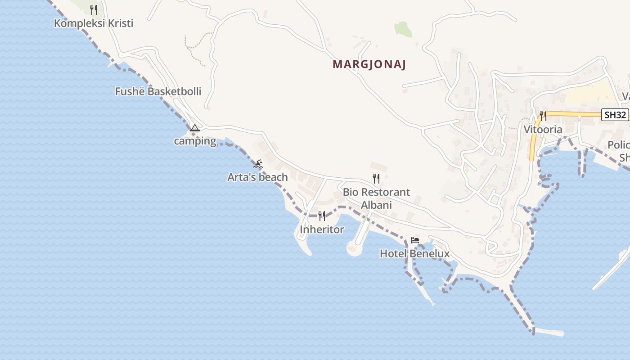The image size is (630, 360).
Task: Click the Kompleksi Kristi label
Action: coord(94,23)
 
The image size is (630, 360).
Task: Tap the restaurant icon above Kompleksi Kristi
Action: coord(94,9)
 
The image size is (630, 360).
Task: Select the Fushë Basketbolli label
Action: coord(158,91)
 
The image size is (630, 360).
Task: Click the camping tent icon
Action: coord(194,128)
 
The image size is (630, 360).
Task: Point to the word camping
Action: coord(195,141)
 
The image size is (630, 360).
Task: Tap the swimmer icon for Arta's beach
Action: coord(257,164)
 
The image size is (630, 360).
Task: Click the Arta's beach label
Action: coord(257,177)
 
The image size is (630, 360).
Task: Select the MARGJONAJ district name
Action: coord(369,64)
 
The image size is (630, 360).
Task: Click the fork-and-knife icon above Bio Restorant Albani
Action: coord(376,179)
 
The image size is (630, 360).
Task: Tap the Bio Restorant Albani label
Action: coord(376,198)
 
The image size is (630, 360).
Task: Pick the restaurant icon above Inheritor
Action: coord(322,216)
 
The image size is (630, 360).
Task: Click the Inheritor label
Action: coord(322,229)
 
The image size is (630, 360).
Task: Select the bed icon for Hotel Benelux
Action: coord(415,240)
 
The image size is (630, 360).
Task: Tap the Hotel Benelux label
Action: coord(414,254)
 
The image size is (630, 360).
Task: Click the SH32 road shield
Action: coord(615,115)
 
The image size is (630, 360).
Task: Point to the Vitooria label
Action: coord(543,130)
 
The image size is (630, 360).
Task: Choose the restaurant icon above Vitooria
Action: coord(543,116)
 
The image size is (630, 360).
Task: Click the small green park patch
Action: coord(403,29)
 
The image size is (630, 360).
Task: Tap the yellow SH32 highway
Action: coord(571,114)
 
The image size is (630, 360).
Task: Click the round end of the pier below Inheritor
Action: coord(354,249)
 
